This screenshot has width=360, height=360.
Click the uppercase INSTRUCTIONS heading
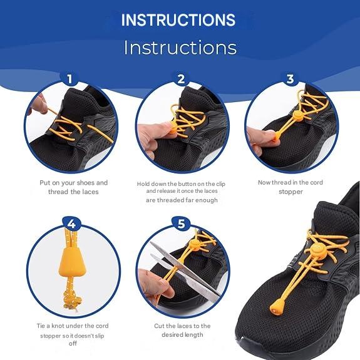pyautogui.click(x=178, y=20)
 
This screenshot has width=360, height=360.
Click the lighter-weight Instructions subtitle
pyautogui.click(x=180, y=48)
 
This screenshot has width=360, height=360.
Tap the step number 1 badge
pyautogui.click(x=69, y=79)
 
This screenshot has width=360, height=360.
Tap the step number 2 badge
pyautogui.click(x=181, y=79)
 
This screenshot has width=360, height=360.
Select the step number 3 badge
pyautogui.click(x=291, y=79)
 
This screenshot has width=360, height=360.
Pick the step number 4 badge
pyautogui.click(x=71, y=224)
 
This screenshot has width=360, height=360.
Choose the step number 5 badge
pyautogui.click(x=181, y=224)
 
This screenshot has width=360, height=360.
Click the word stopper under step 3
pyautogui.click(x=291, y=192)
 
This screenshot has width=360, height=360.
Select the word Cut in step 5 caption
pyautogui.click(x=159, y=326)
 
